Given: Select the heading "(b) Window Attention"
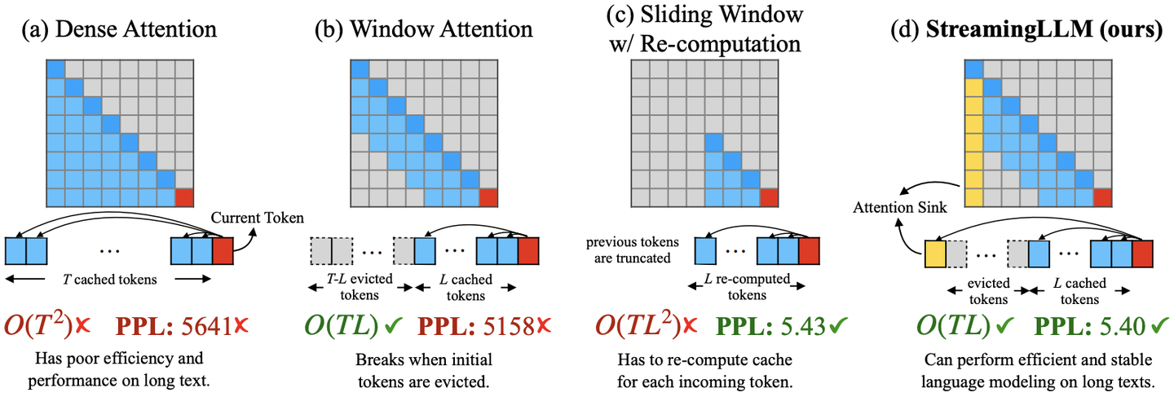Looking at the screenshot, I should tap(424, 30).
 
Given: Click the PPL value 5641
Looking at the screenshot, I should tap(207, 326).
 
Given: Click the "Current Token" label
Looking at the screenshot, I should tap(257, 218).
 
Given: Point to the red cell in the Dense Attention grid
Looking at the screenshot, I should tap(184, 197).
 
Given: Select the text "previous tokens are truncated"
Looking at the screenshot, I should tap(632, 251).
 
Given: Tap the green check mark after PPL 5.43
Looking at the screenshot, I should tap(836, 325).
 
